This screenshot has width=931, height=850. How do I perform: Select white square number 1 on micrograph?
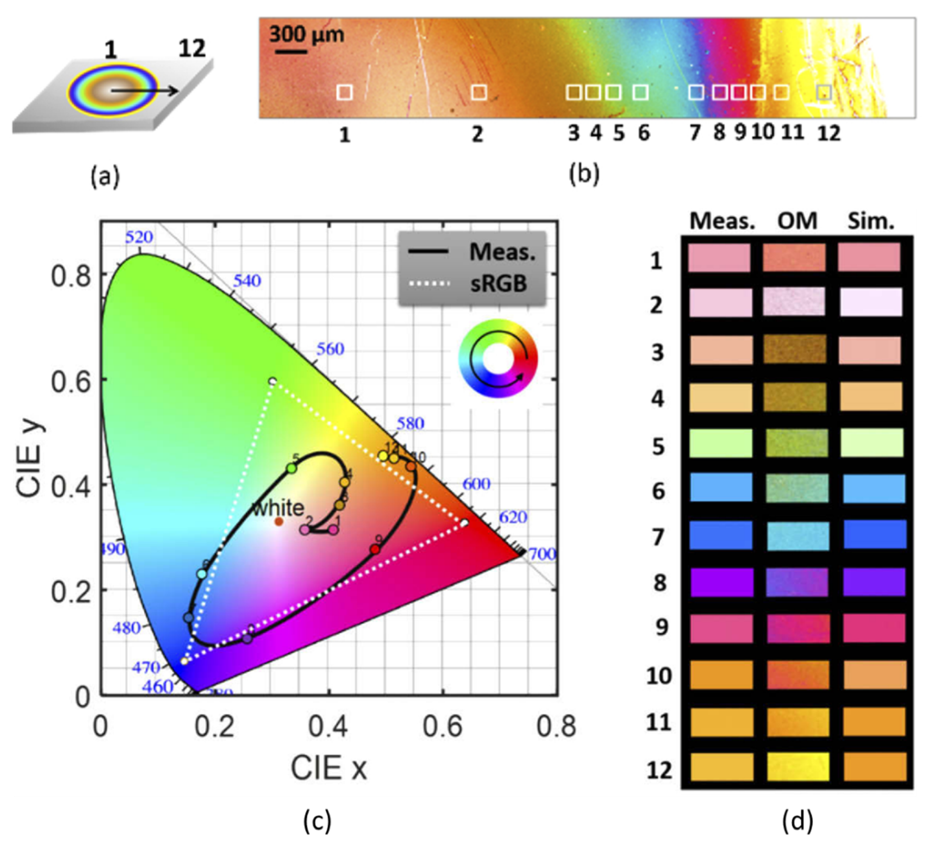(x=345, y=92)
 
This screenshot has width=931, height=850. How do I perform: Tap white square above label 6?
(x=641, y=92)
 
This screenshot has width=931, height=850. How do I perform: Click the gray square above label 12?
(x=824, y=92)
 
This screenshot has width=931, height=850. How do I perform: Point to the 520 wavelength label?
(x=139, y=237)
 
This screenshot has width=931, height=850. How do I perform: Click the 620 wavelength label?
(x=512, y=517)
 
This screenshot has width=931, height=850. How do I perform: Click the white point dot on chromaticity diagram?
(x=279, y=522)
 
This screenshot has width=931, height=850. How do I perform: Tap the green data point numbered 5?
(x=292, y=468)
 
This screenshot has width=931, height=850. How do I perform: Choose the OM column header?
(x=797, y=221)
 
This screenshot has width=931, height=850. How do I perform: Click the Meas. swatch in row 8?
(x=722, y=582)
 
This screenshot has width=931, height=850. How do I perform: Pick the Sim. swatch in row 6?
(x=874, y=489)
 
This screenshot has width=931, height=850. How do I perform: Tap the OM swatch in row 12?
(x=798, y=767)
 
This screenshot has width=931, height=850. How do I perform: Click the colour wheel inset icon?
(x=498, y=358)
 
